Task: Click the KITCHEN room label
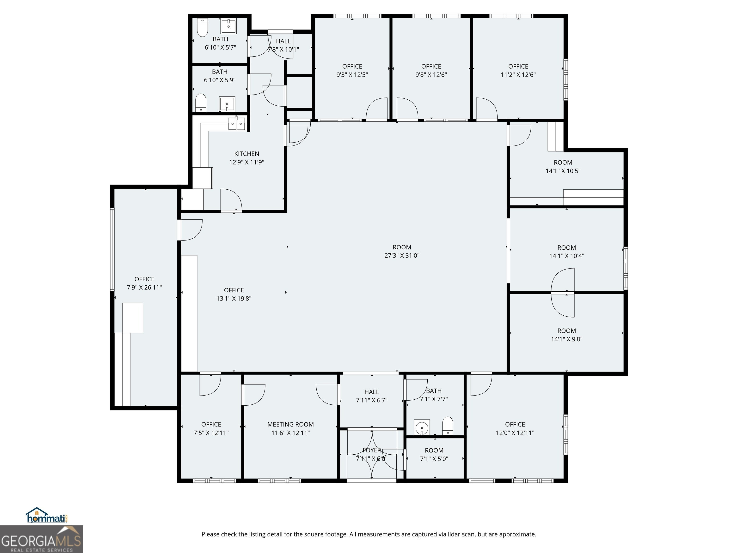[x=246, y=154]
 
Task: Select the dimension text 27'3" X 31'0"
[x=402, y=256]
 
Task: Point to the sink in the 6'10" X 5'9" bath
[x=227, y=104]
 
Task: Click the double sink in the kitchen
[x=237, y=123]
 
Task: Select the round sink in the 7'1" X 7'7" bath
[x=422, y=427]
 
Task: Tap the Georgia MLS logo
[x=41, y=539]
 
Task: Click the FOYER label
[x=372, y=450]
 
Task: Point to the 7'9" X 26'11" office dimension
[x=144, y=287]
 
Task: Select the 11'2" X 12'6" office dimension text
[x=518, y=75]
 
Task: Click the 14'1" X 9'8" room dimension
[x=566, y=339]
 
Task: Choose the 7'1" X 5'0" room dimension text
[x=434, y=459]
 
